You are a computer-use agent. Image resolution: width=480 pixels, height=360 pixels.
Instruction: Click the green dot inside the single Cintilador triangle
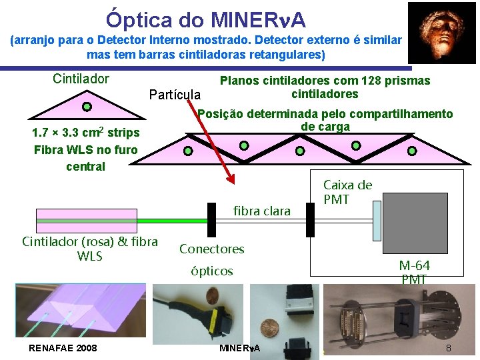click(86, 105)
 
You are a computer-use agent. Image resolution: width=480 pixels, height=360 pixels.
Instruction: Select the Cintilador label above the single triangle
click(81, 79)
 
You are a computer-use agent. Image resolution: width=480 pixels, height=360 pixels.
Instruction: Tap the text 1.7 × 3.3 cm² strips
click(86, 133)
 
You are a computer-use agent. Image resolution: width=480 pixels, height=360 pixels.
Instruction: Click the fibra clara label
click(262, 211)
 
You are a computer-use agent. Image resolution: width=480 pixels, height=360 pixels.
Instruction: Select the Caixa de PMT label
click(347, 191)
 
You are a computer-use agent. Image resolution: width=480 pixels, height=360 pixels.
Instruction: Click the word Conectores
click(211, 249)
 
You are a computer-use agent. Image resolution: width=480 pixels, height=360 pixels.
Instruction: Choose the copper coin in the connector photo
click(269, 329)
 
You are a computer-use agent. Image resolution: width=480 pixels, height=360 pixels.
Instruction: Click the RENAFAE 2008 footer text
click(63, 348)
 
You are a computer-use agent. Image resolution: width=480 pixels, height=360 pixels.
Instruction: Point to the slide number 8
click(449, 348)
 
